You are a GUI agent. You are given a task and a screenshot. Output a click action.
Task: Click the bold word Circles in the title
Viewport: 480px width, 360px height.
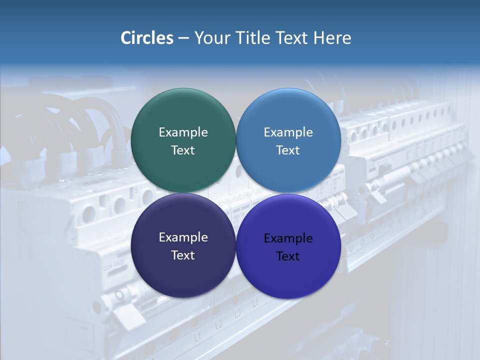[146, 38]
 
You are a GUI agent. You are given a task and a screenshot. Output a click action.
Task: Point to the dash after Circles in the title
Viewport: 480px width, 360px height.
[183, 38]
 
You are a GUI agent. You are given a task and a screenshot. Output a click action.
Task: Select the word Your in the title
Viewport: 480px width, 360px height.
[209, 38]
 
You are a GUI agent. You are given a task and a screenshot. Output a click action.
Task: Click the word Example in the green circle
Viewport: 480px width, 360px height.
[183, 132]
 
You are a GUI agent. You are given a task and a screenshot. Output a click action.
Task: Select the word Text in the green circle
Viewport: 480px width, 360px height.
[183, 150]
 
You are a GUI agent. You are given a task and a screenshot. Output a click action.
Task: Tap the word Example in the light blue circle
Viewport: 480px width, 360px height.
[288, 132]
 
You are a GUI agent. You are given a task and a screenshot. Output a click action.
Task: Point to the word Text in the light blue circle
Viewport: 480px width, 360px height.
[288, 150]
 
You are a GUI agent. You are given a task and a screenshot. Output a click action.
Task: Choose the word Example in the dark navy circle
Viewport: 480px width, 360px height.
[183, 237]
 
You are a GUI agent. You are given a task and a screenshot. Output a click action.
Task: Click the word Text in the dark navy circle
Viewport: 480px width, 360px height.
[183, 255]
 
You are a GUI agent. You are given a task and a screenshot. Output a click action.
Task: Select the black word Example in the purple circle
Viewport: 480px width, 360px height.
[288, 238]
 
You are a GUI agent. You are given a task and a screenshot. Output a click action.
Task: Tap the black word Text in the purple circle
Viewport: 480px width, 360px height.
[288, 256]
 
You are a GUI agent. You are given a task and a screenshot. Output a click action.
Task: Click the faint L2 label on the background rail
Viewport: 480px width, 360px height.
[218, 324]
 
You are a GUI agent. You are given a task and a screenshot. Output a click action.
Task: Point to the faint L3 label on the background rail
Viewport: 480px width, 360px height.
[238, 313]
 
